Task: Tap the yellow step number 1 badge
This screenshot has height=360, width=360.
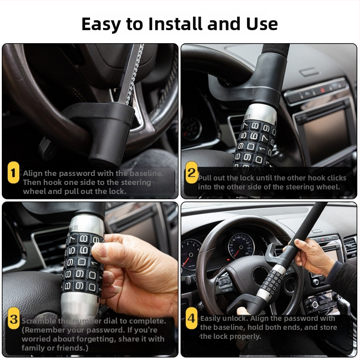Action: pos(13,172)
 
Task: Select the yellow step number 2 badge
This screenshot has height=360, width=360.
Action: pos(191,172)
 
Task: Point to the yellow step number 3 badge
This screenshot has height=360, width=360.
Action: pos(13,319)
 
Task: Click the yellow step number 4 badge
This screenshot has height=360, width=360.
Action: pos(191,319)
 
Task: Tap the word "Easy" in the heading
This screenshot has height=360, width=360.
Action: pos(101,24)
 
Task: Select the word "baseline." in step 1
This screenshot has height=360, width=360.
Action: pos(146,173)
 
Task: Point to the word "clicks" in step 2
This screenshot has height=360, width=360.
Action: pos(337,178)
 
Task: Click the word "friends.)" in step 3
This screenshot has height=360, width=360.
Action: pos(74,348)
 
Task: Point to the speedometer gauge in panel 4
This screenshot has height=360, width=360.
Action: pos(241,247)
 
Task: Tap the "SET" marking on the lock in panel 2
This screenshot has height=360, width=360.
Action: pos(247,117)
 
